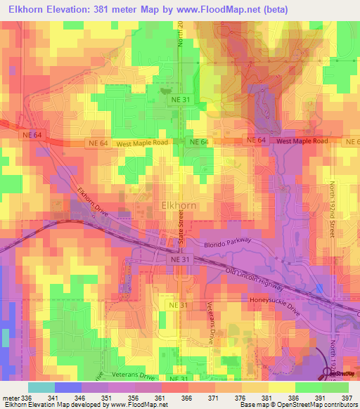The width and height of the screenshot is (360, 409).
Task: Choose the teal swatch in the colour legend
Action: [41, 387]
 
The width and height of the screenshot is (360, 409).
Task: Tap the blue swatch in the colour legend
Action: [67, 387]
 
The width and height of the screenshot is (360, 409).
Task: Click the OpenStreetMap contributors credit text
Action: [319, 404]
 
